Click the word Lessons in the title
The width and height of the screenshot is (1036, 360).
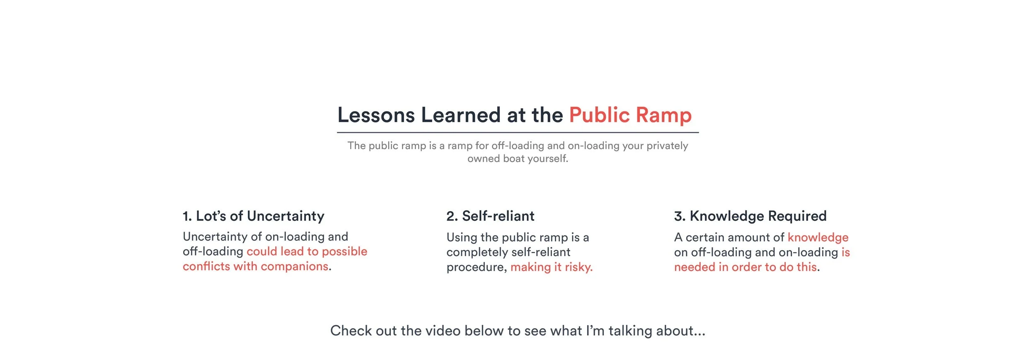[x=376, y=115]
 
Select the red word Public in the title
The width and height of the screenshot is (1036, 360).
[x=599, y=115]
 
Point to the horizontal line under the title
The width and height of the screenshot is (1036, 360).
[x=518, y=133]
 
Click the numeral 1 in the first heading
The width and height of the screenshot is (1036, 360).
[x=186, y=216]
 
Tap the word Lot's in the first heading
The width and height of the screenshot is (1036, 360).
[x=211, y=216]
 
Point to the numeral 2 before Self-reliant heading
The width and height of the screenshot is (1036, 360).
[x=451, y=216]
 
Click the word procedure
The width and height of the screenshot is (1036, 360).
[x=476, y=268]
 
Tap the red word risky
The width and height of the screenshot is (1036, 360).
[x=579, y=268]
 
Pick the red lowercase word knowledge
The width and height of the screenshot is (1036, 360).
[x=818, y=237]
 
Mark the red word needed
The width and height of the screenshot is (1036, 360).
[x=695, y=267]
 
